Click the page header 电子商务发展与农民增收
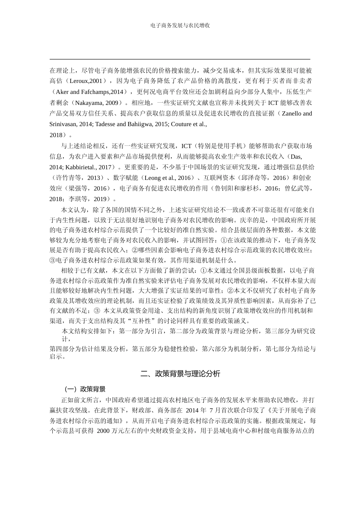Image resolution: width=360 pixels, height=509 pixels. [180, 26]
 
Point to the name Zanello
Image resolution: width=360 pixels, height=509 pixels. [292, 114]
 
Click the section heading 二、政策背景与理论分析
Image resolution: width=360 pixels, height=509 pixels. [180, 374]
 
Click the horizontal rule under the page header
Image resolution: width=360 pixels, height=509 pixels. [180, 59]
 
